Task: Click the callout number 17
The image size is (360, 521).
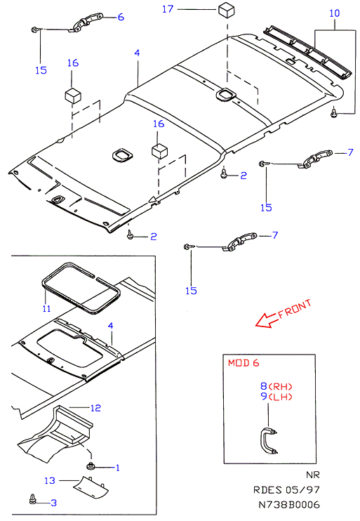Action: [x=168, y=9]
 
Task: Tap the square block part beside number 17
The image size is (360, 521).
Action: [x=227, y=9]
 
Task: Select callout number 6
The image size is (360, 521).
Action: [x=121, y=17]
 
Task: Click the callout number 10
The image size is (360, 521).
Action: [x=335, y=13]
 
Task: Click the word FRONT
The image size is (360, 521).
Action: [x=295, y=310]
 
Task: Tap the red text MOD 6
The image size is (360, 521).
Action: [x=244, y=363]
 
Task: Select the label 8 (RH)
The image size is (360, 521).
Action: [x=276, y=386]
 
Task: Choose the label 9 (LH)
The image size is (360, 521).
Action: [x=276, y=397]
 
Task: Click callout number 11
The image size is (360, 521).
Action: [x=46, y=309]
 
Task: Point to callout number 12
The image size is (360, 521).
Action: [x=95, y=408]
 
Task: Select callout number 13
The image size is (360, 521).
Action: [x=50, y=480]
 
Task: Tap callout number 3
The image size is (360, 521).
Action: [x=54, y=503]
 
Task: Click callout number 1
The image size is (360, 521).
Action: [x=117, y=468]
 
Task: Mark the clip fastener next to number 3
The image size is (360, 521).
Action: [x=32, y=499]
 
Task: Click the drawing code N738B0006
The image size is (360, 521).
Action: [x=289, y=505]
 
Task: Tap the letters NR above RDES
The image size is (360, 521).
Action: [x=312, y=475]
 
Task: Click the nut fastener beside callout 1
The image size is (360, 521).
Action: [x=91, y=466]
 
